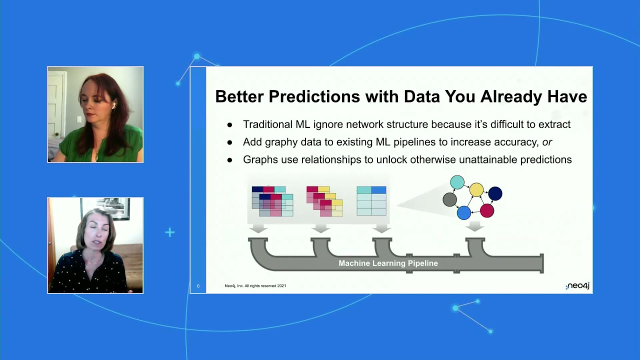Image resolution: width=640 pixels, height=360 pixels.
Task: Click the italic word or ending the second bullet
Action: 547,142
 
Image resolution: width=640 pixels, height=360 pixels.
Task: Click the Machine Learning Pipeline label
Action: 388,263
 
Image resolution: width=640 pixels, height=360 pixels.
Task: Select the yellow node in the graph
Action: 476,190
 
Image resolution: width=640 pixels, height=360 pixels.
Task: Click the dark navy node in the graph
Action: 495,193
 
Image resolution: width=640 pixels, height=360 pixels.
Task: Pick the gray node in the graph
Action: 450,199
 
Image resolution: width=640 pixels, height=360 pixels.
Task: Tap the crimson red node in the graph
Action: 487,210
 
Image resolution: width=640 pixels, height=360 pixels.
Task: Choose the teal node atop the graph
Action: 457,182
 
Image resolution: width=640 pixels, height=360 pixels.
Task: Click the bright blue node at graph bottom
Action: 464,212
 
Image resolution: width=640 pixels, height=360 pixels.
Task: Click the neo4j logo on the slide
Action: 577,286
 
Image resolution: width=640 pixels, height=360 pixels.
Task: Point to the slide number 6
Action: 198,286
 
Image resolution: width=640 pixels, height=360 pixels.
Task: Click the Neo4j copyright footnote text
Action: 255,286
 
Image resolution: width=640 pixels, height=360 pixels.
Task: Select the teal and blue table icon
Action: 371,200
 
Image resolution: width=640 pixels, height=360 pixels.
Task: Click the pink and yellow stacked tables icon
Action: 324,201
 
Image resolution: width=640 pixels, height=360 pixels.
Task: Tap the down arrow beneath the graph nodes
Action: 474,227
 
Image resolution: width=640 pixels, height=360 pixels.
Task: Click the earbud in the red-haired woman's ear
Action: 113,106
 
